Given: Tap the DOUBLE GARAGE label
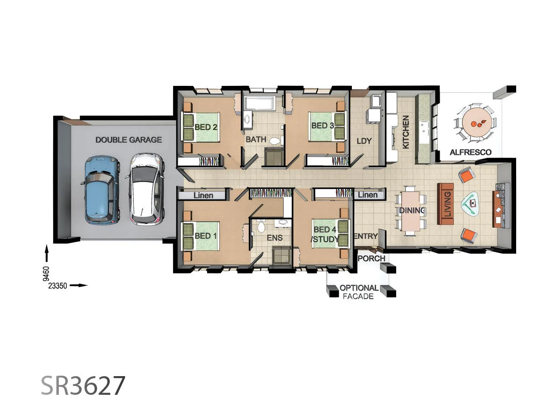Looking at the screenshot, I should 128,140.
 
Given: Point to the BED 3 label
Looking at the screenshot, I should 322,126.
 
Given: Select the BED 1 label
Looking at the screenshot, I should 205,236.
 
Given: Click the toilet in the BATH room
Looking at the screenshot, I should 275,140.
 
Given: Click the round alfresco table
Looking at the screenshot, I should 474,122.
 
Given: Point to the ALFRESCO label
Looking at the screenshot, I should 470,152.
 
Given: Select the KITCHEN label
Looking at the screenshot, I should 406,132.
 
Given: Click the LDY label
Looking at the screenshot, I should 364,140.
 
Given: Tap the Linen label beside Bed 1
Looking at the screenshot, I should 203,195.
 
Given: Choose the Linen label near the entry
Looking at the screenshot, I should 368,195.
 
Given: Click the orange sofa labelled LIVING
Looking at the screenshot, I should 446,204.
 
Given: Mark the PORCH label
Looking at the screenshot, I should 371,258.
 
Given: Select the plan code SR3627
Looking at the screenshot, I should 83,386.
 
